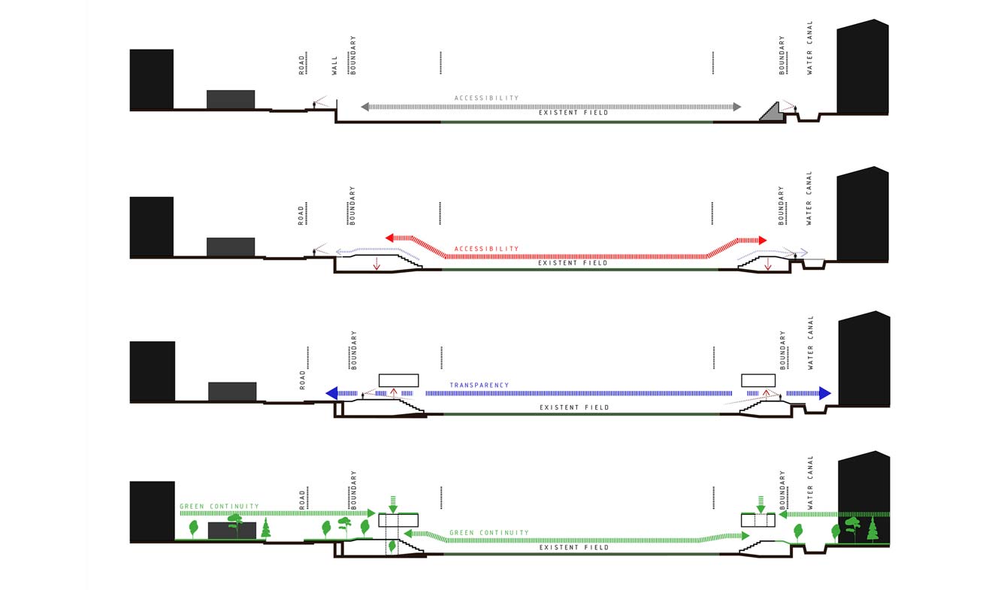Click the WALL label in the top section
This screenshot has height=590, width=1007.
pyautogui.click(x=334, y=65)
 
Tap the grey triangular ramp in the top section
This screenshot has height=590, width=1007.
pyautogui.click(x=772, y=113)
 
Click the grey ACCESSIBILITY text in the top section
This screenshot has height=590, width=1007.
pyautogui.click(x=486, y=98)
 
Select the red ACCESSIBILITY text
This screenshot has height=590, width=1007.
pyautogui.click(x=486, y=249)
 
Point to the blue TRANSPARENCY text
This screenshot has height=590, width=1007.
pyautogui.click(x=479, y=385)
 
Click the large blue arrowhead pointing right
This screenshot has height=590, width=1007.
pyautogui.click(x=825, y=393)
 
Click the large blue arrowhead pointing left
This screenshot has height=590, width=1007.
pyautogui.click(x=331, y=393)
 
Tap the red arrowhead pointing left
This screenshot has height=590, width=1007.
pyautogui.click(x=389, y=238)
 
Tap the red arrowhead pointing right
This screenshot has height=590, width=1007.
pyautogui.click(x=763, y=241)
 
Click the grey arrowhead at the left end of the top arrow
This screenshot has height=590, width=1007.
pyautogui.click(x=364, y=107)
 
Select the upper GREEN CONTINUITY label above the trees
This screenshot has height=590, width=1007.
pyautogui.click(x=219, y=507)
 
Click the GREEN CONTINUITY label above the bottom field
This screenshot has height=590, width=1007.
pyautogui.click(x=489, y=533)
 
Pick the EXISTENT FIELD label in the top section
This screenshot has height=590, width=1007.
pyautogui.click(x=573, y=113)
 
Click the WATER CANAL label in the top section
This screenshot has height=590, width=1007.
pyautogui.click(x=809, y=47)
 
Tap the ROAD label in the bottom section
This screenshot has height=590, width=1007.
pyautogui.click(x=302, y=500)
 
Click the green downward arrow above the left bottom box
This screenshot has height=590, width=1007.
pyautogui.click(x=393, y=504)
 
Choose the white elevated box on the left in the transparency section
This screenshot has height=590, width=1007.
pyautogui.click(x=399, y=380)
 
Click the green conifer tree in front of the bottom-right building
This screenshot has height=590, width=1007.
pyautogui.click(x=872, y=529)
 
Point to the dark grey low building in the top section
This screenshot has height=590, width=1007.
pyautogui.click(x=231, y=99)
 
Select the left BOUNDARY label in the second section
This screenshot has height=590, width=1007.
pyautogui.click(x=352, y=205)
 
